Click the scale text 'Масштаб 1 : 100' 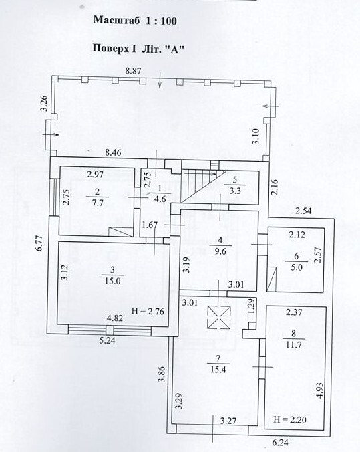(x=135, y=21)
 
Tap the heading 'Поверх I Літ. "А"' (x=138, y=48)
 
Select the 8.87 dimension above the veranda (x=133, y=71)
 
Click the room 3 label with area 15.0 (x=112, y=275)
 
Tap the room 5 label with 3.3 (x=235, y=185)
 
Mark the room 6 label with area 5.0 (x=297, y=262)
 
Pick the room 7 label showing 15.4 (x=218, y=364)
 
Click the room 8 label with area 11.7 (x=293, y=339)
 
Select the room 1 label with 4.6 (x=160, y=193)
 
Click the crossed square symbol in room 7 (x=219, y=318)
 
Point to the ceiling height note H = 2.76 (x=148, y=312)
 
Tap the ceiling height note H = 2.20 (x=290, y=419)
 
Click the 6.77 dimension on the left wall (x=39, y=243)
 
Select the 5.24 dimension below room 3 (x=107, y=341)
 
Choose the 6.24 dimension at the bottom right (x=281, y=442)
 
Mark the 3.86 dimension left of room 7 (x=162, y=374)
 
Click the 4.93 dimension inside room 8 (x=319, y=390)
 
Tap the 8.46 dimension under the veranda (x=113, y=152)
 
